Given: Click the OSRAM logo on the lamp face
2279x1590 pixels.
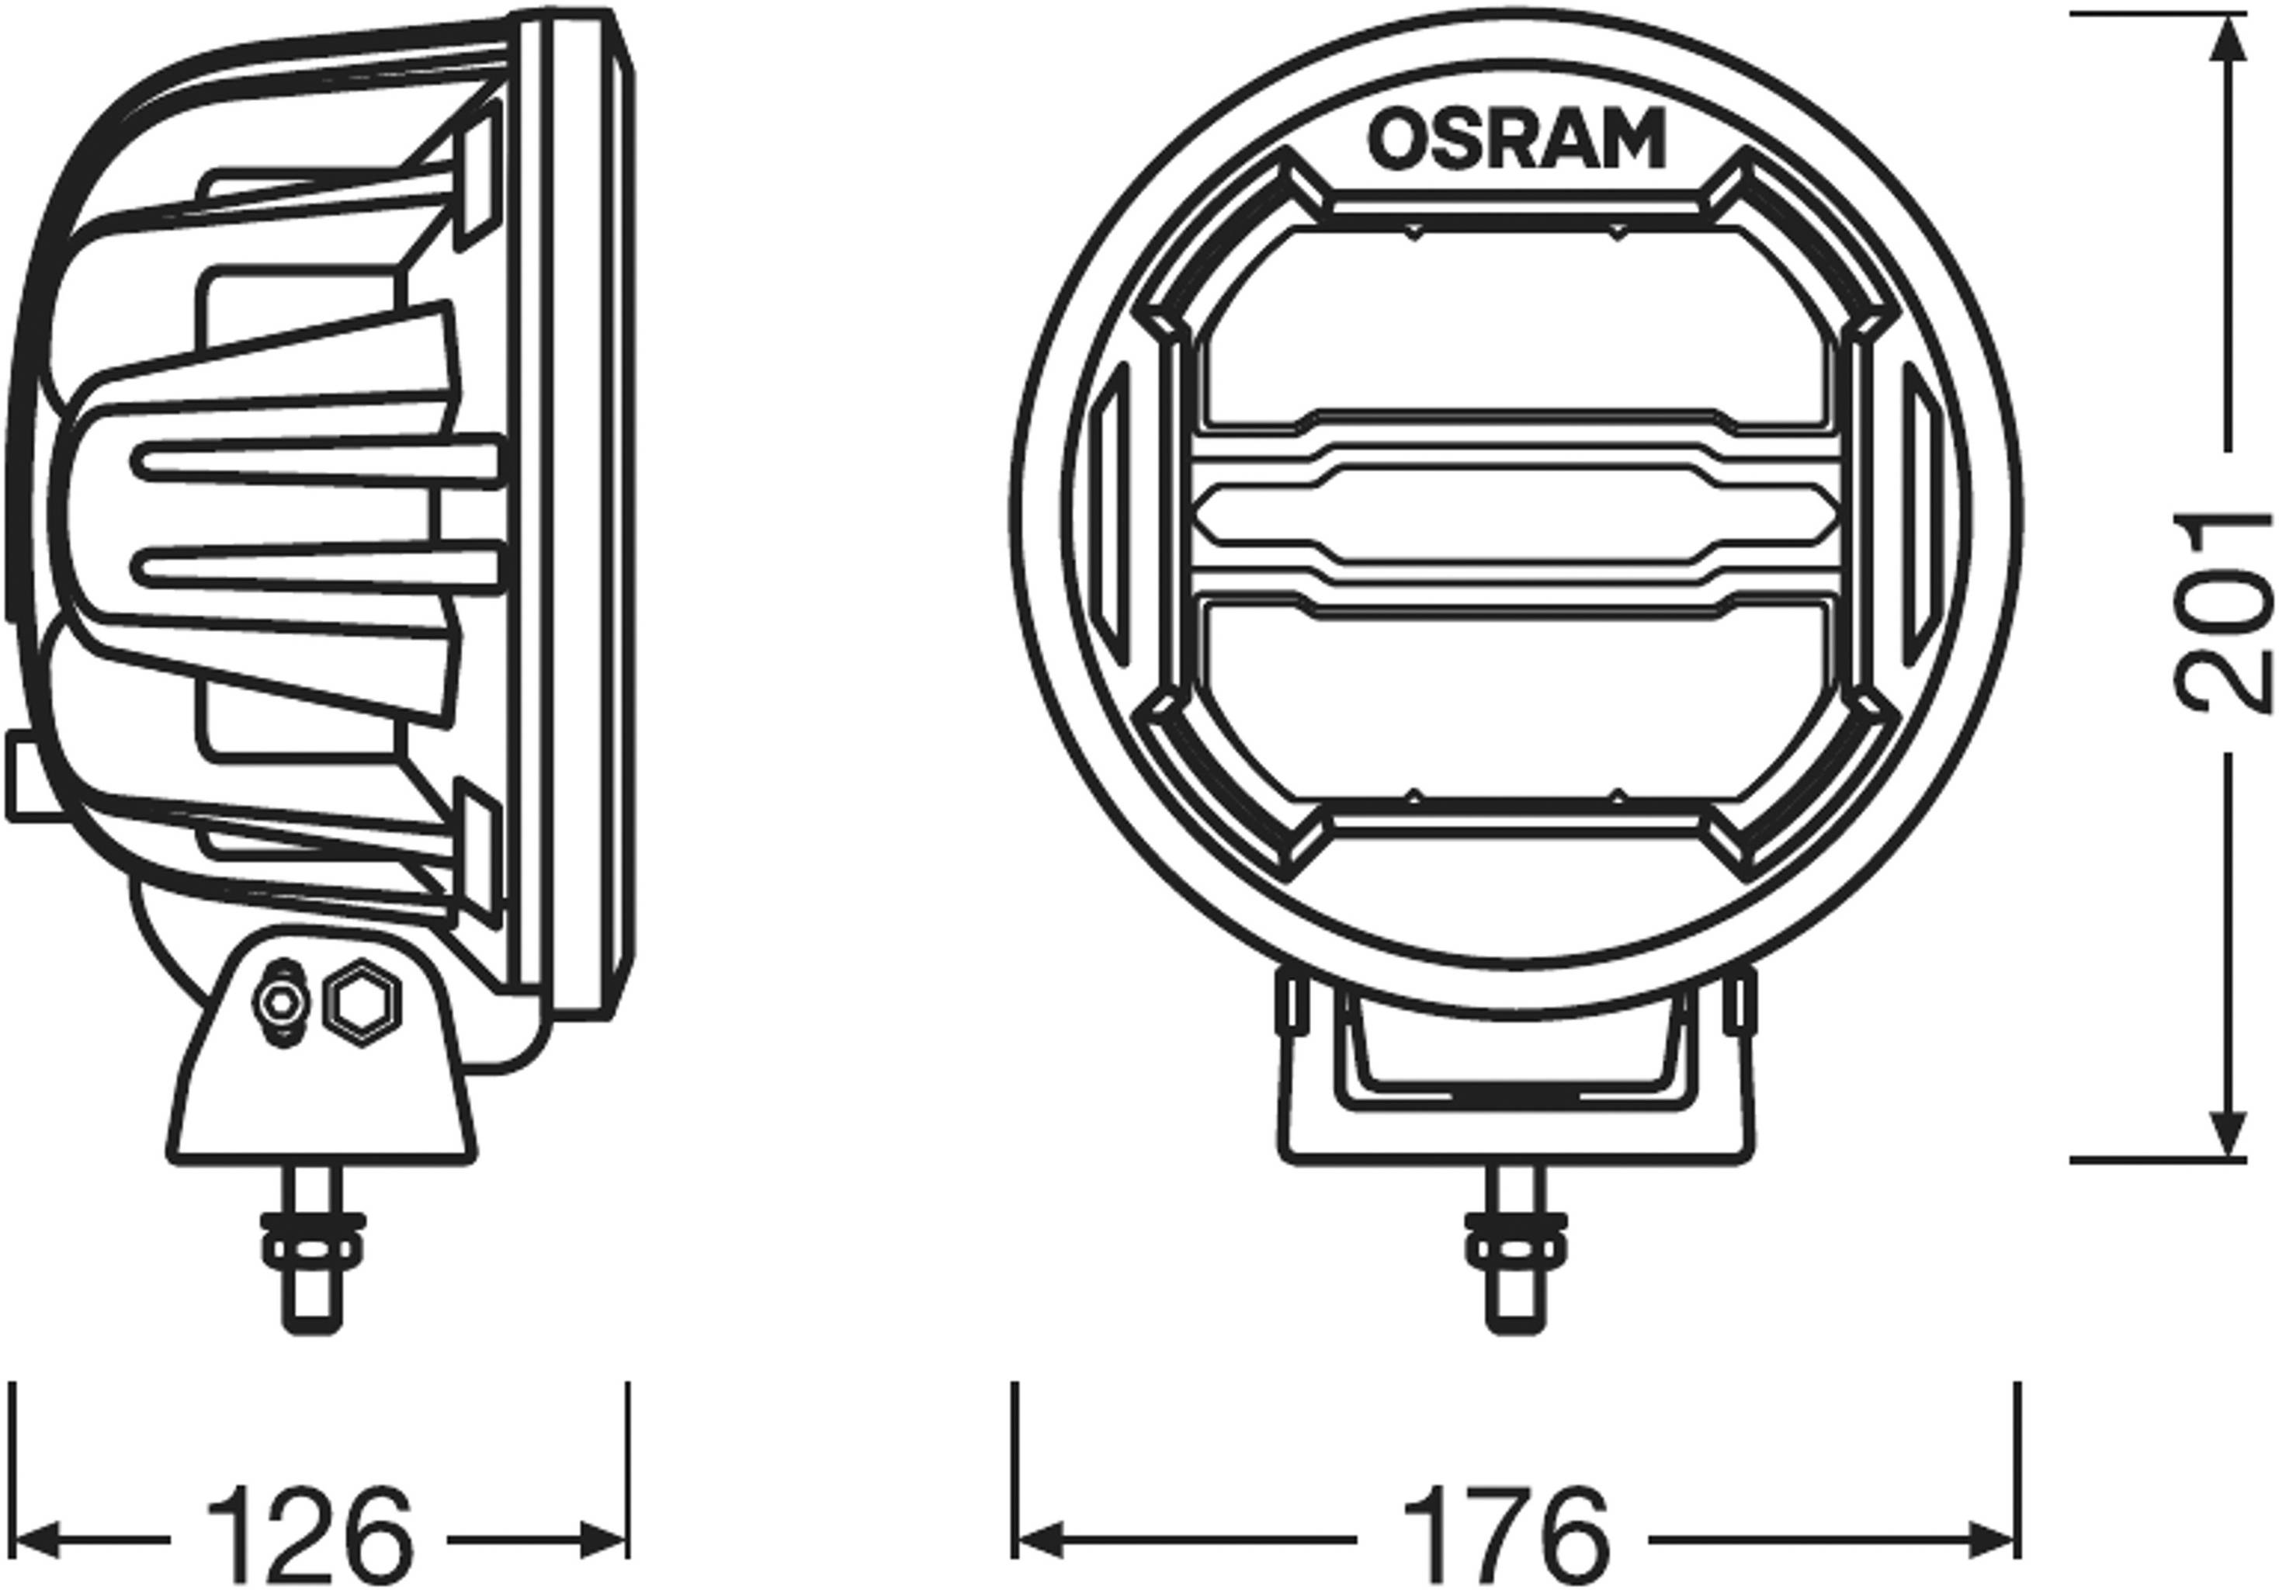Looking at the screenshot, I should click(1516, 139).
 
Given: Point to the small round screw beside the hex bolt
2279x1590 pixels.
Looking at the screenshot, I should click(283, 1002).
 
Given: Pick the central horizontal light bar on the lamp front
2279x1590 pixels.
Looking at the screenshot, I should click(1516, 513).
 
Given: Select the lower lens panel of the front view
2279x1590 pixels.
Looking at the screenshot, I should click(1516, 700).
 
